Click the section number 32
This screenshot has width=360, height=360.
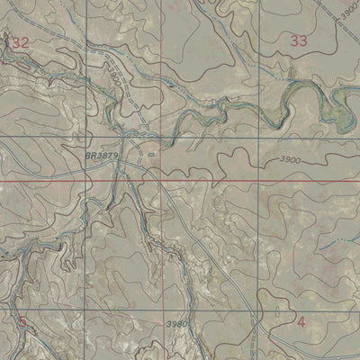click(x=21, y=42)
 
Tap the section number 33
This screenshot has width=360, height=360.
click(x=299, y=40)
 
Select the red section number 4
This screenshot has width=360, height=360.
click(x=301, y=321)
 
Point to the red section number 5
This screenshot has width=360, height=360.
click(x=22, y=320)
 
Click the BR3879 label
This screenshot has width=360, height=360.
click(x=103, y=155)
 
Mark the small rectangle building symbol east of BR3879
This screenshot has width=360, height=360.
click(x=152, y=154)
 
